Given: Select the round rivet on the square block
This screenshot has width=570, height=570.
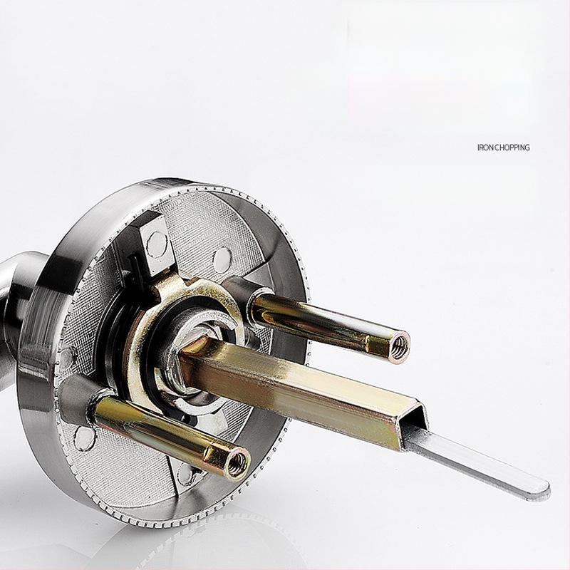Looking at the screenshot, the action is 157,242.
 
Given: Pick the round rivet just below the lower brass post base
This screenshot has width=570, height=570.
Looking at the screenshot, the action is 84,438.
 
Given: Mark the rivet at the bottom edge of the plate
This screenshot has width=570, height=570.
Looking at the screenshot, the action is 186,474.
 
